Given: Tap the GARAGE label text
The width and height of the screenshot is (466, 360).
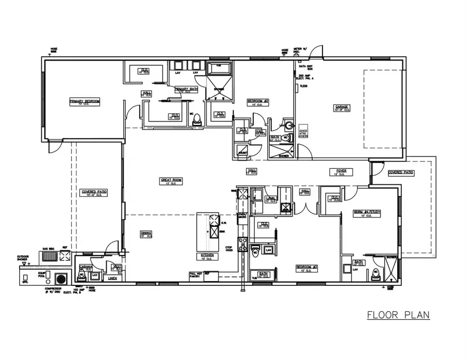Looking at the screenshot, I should coord(341,107).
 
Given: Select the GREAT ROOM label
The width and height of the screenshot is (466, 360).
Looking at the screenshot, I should coord(171,180).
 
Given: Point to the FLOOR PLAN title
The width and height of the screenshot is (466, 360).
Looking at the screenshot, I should coord(398,314).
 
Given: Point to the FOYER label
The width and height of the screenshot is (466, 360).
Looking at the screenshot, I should coord(341,170).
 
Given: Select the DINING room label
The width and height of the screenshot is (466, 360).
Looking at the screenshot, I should coord(146,233).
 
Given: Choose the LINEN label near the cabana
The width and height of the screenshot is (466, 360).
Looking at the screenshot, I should coord(112,278).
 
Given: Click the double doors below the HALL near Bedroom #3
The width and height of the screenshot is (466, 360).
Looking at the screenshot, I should coord(307,208).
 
